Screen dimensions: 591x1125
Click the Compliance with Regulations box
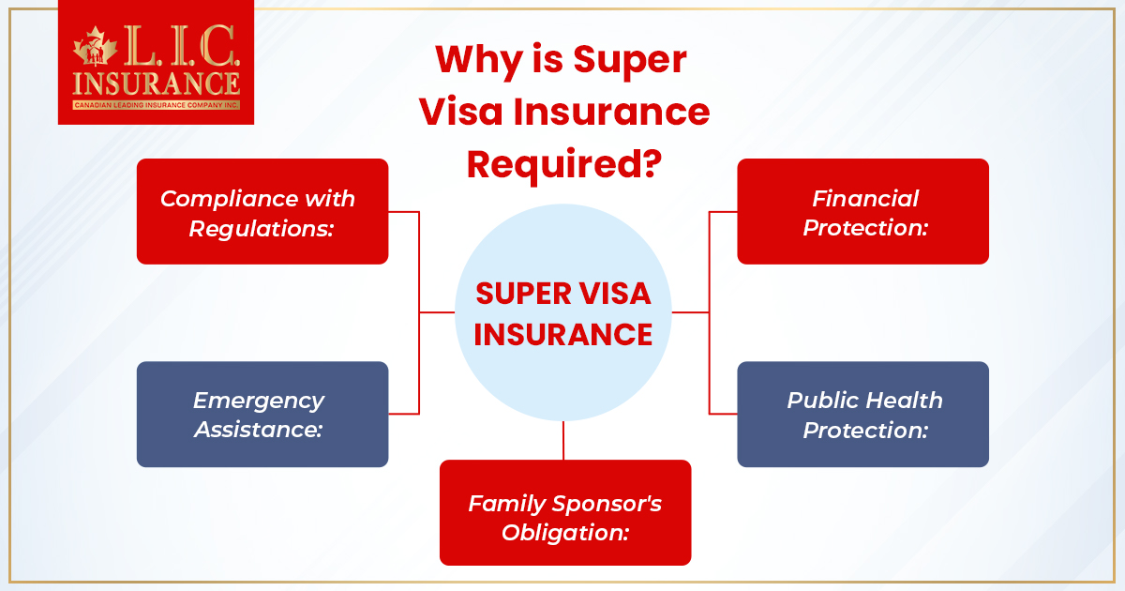coord(262,211)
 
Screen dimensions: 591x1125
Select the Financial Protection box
coord(862,211)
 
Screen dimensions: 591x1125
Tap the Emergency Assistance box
coord(262,414)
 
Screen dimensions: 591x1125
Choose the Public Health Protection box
coord(862,414)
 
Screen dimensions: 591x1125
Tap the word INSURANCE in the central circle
coord(563,335)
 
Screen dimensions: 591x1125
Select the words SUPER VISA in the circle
coord(563,294)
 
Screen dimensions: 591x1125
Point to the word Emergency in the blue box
coord(259,401)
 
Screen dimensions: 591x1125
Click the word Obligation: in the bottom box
coord(564,532)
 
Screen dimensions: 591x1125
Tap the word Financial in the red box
coord(865,199)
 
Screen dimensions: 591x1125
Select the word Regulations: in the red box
coord(262,228)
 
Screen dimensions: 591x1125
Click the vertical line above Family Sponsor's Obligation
coord(563,440)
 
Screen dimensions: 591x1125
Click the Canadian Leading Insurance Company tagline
coord(156,105)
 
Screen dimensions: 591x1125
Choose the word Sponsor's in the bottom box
coord(609,503)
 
